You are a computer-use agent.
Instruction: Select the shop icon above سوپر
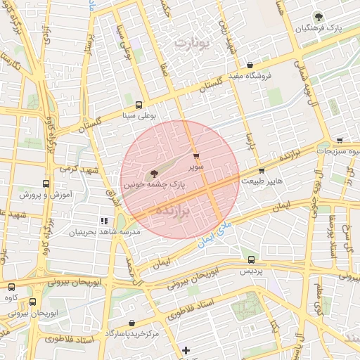(196, 156)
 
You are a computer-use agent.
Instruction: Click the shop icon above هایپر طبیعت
(262, 170)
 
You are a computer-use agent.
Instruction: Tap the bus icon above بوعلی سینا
(139, 103)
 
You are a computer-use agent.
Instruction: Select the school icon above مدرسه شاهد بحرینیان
(105, 221)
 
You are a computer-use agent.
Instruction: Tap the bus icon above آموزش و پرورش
(46, 184)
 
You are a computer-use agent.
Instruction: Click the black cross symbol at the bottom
(186, 350)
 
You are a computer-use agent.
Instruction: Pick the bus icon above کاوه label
(11, 287)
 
